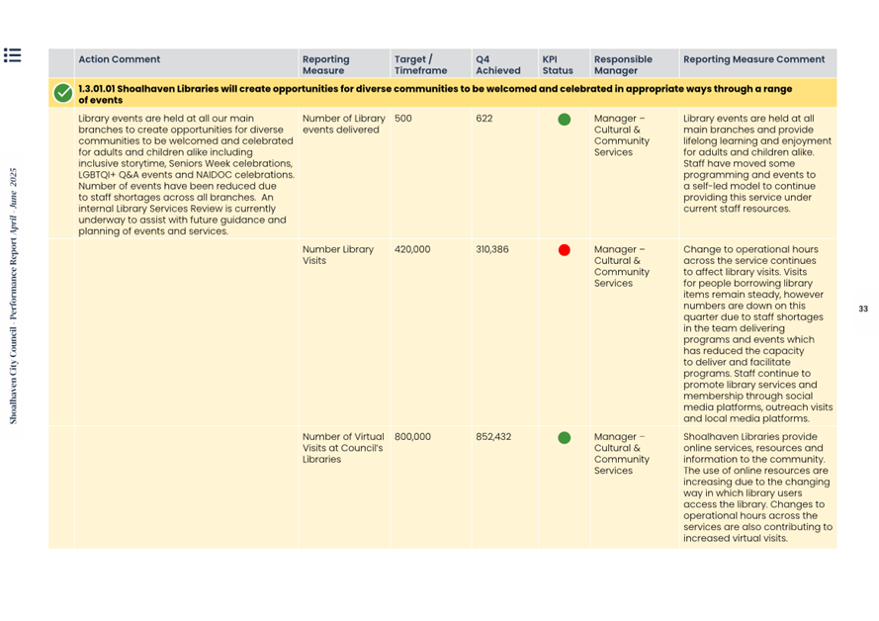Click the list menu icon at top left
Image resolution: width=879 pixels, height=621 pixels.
[x=13, y=55]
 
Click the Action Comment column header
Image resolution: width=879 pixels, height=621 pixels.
[x=119, y=59]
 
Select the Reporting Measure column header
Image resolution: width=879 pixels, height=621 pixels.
[x=326, y=64]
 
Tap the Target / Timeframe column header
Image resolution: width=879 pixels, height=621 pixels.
[x=420, y=64]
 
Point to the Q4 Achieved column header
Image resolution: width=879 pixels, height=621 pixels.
[x=497, y=64]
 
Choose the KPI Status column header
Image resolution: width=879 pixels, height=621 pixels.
[x=558, y=64]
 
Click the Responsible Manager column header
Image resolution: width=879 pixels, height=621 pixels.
[x=623, y=64]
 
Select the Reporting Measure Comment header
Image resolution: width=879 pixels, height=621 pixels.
[x=753, y=59]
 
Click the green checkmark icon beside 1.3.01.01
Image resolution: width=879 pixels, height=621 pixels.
[x=63, y=94]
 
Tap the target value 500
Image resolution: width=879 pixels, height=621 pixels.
[x=403, y=119]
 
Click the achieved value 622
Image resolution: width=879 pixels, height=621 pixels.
[x=484, y=119]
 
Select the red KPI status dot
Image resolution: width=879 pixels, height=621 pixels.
[x=565, y=250]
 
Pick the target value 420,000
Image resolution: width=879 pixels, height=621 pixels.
[x=412, y=250]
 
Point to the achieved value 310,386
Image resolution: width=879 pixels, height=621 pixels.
[x=492, y=250]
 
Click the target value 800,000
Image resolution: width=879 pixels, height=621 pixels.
[x=412, y=437]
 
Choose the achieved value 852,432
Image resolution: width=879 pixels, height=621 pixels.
[x=493, y=437]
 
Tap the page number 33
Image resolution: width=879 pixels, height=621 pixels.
[x=863, y=310]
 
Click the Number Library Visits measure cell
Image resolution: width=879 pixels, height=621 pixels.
[x=338, y=255]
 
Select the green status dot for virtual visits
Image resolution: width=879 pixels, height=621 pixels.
[x=565, y=437]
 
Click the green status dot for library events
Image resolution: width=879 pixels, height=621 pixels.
[x=565, y=120]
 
